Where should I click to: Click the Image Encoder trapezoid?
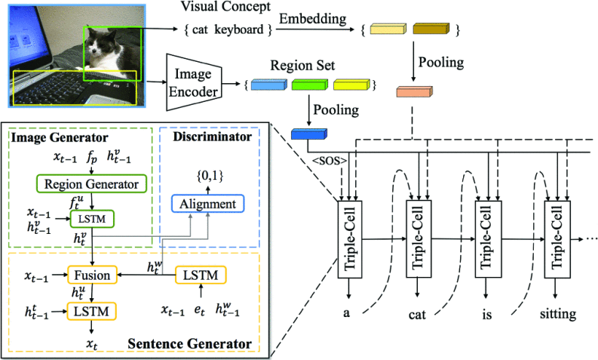193,82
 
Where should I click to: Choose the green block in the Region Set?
309,86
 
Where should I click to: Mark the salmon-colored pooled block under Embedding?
414,92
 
